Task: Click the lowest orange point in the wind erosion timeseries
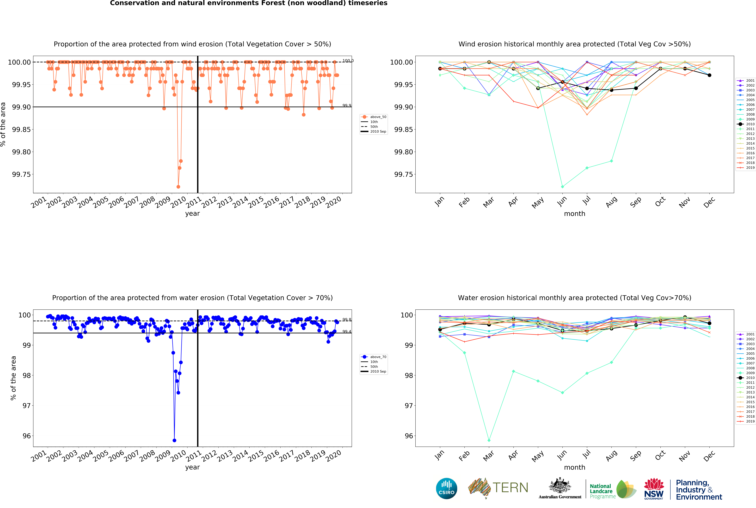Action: tap(178, 187)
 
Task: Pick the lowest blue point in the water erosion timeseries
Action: tap(174, 440)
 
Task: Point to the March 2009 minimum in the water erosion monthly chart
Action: tap(489, 440)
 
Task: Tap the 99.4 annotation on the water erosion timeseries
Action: tap(347, 331)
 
